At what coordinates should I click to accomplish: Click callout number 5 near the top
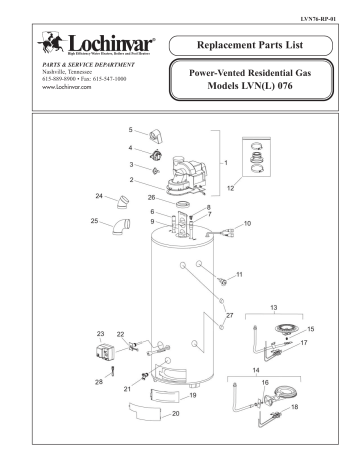[x=130, y=130]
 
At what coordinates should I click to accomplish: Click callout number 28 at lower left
[x=100, y=383]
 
